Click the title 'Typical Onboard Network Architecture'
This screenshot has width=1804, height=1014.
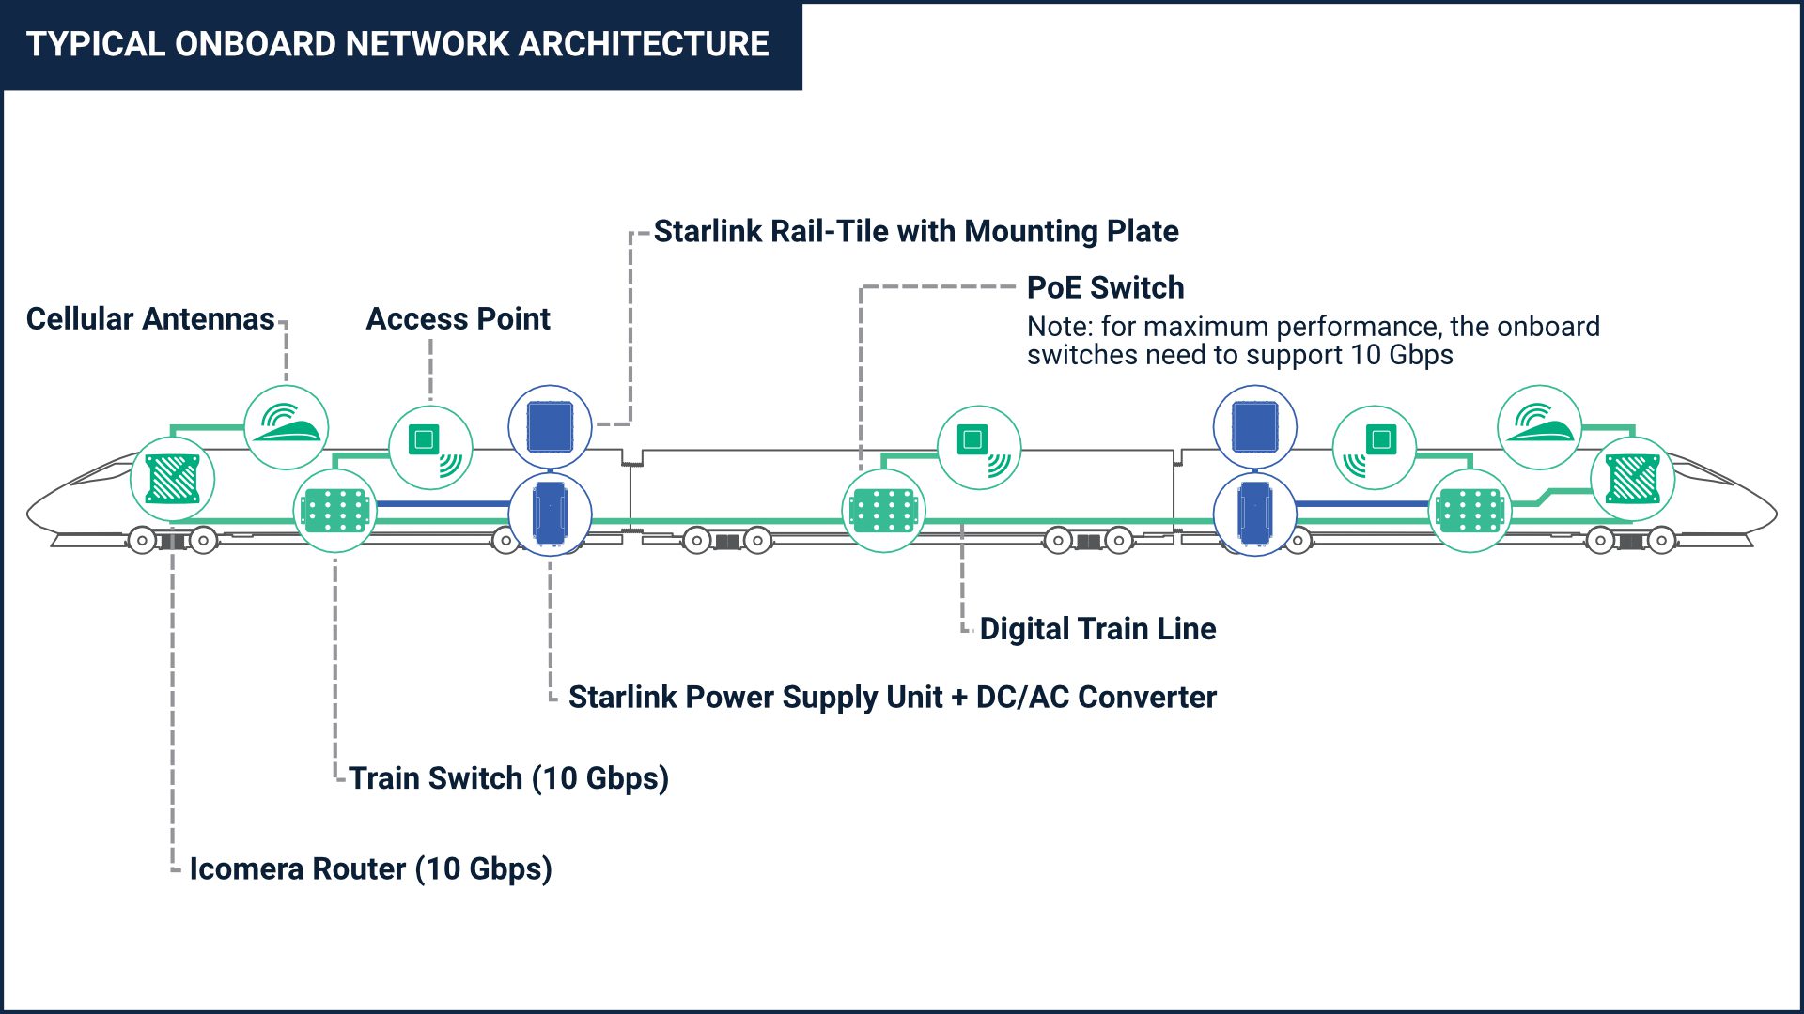coord(397,44)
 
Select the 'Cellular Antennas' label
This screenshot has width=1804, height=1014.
coord(150,319)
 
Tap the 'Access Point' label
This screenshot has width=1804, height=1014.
coord(458,319)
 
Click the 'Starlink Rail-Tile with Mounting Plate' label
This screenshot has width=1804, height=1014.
coord(915,231)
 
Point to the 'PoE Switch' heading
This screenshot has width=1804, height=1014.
coord(1105,287)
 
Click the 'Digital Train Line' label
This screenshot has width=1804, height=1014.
coord(1097,628)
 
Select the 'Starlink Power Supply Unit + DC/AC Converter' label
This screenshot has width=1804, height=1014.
coord(892,697)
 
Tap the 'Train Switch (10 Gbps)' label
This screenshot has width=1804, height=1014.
coord(508,778)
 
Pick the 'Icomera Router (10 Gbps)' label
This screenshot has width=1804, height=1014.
coord(370,868)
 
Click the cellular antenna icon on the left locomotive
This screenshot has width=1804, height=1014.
coord(287,427)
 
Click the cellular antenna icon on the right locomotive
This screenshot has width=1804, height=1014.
coord(1539,427)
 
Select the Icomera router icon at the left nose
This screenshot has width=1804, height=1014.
coord(173,479)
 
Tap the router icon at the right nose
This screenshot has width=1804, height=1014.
coord(1632,479)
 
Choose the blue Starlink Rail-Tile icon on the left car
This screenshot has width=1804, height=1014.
coord(550,427)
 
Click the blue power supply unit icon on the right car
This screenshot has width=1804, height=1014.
coord(1254,513)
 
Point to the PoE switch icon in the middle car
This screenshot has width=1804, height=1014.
coord(883,512)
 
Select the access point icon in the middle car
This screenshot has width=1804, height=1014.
coord(979,447)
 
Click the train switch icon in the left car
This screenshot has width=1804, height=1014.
coord(335,512)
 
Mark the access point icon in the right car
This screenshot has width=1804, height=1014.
coord(1374,447)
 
